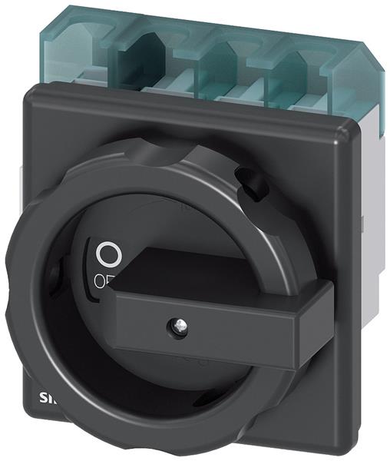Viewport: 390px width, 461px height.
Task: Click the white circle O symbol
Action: point(109,252)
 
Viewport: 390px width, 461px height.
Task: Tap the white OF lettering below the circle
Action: point(106,280)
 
